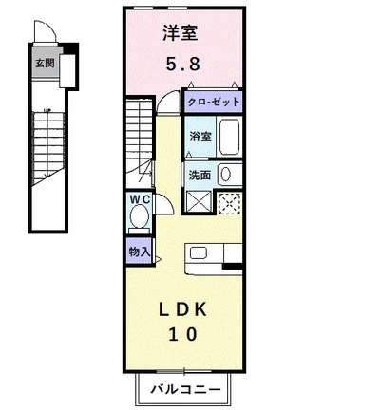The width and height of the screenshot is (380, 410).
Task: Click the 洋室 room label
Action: coord(180,33)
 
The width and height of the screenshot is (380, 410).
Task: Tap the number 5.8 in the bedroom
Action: coord(183,65)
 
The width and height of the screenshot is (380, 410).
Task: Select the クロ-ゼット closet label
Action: coord(214,102)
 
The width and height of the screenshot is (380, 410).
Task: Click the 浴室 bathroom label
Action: coord(200,137)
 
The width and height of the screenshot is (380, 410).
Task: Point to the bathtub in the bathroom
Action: coord(229,137)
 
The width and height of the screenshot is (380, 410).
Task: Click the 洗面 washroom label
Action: coord(199,175)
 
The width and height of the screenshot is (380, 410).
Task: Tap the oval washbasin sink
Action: coord(225,175)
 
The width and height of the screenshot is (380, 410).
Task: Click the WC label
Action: coord(140,199)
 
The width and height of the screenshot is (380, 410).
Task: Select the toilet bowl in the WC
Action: coord(140,215)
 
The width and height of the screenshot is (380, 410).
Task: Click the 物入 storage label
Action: coord(139,252)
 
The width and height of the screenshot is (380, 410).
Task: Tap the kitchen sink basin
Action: coord(199,253)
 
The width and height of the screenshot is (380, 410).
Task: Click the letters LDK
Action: coord(182,309)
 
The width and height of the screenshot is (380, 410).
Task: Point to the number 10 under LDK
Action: coord(183,334)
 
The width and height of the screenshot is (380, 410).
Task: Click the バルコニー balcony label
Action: coord(185,389)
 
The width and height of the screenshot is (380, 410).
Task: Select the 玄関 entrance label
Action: coord(45,63)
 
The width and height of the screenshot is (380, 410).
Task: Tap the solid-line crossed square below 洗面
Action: coord(199,201)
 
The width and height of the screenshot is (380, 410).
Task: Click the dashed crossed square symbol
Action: coord(230,204)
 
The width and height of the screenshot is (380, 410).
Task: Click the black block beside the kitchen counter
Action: coord(233,266)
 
